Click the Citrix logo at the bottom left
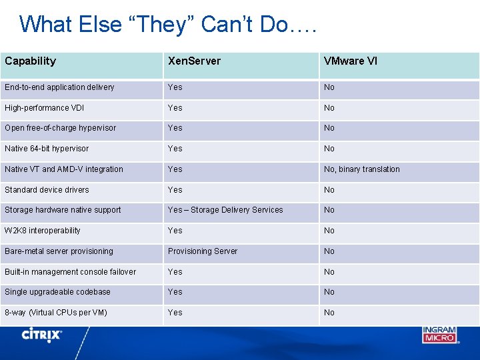point(42,335)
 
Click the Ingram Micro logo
point(439,335)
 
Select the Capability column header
point(31,61)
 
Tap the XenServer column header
point(194,61)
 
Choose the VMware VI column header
point(351,61)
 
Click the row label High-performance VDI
point(45,108)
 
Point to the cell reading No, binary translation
point(362,169)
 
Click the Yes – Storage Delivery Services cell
point(225,210)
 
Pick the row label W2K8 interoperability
point(43,231)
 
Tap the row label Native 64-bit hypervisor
point(47,149)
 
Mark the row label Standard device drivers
point(47,190)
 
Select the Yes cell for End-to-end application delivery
point(175,87)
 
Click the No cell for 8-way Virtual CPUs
point(329,313)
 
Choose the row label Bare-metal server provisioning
point(59,251)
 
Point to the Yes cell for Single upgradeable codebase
point(175,292)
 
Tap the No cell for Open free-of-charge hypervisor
point(329,128)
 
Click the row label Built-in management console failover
point(70,272)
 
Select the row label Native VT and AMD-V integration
point(64,169)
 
